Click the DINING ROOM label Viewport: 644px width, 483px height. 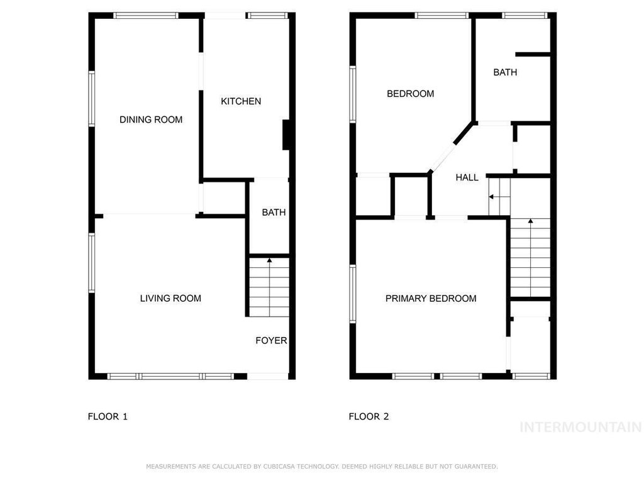click(x=151, y=119)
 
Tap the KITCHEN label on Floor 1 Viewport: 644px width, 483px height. click(x=241, y=101)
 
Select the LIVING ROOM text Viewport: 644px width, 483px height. click(x=170, y=298)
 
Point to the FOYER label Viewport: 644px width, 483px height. click(x=271, y=340)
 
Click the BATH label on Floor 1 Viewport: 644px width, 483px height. click(x=274, y=213)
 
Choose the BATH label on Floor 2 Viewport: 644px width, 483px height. click(x=505, y=72)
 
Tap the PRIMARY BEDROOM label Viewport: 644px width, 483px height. click(x=431, y=298)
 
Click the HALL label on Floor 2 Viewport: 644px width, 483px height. click(x=467, y=177)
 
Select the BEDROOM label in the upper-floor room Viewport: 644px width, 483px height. click(x=410, y=94)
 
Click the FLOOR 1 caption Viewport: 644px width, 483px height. click(x=108, y=416)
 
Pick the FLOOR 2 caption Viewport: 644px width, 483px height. click(x=369, y=416)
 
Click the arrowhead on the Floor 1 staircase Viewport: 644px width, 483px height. click(x=269, y=260)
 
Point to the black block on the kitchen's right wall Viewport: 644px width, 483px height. click(x=286, y=135)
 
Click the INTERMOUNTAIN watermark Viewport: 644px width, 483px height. click(x=580, y=427)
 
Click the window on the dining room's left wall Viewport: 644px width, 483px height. click(x=92, y=99)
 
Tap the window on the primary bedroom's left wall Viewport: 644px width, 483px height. click(x=352, y=293)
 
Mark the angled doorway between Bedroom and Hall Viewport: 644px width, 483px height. click(x=442, y=157)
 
